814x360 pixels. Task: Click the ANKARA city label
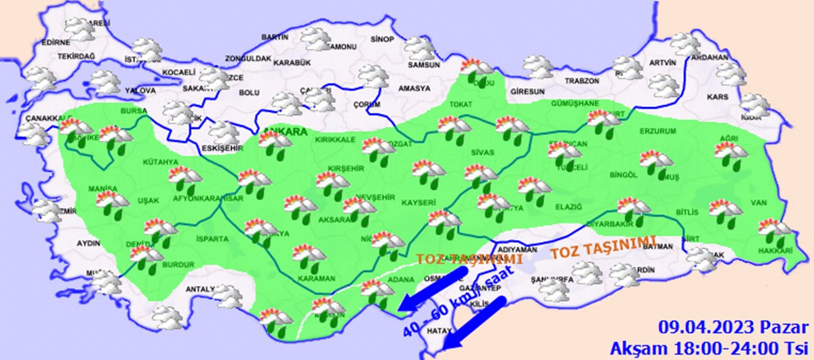[x=284, y=132]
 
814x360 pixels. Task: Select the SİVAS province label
[x=484, y=153]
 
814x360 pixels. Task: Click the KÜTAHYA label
[x=160, y=162]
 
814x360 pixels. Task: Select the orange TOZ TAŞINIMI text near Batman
[x=603, y=247]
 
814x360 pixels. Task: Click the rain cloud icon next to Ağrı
[x=731, y=155]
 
